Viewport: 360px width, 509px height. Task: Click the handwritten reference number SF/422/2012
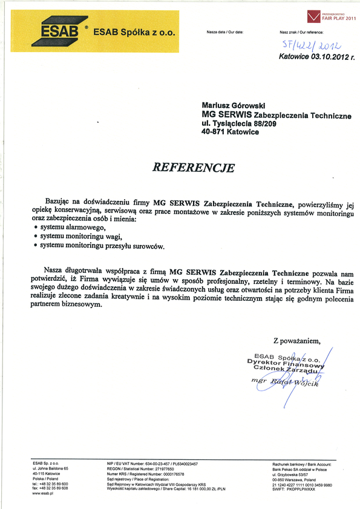[313, 45]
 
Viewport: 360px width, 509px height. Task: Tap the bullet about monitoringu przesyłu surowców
[102, 246]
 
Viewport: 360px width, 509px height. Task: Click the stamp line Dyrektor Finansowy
[286, 362]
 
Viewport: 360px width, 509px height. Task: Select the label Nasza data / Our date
[224, 31]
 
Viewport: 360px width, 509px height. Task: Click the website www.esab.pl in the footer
[44, 494]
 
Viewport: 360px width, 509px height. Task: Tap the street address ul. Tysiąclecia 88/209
[241, 123]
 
